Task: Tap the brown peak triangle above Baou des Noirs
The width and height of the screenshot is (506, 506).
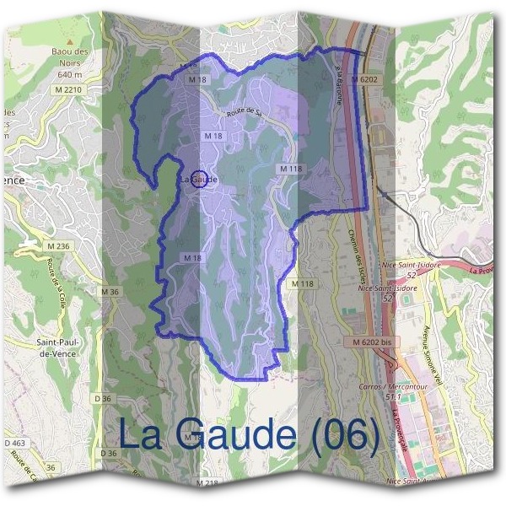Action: pyautogui.click(x=72, y=40)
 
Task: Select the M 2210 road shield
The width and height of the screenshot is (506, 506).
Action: pyautogui.click(x=71, y=90)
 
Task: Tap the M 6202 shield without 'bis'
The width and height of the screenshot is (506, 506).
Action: pyautogui.click(x=368, y=78)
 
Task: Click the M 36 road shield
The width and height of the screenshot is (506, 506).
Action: pyautogui.click(x=110, y=292)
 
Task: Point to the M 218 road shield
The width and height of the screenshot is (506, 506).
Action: pyautogui.click(x=207, y=483)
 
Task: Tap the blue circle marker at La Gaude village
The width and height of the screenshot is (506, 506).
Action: pyautogui.click(x=200, y=178)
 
